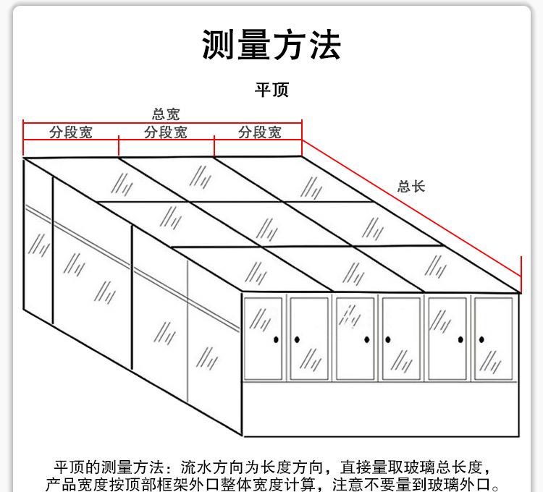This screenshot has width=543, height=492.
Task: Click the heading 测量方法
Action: tap(271, 45)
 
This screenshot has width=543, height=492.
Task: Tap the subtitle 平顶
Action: tap(271, 90)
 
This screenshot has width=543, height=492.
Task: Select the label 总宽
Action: tap(165, 114)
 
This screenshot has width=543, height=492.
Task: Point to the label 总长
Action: tap(411, 186)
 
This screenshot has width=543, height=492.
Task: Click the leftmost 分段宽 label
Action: tap(71, 132)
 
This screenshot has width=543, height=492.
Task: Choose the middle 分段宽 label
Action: tap(166, 132)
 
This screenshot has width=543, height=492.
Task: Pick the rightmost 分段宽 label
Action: tap(260, 132)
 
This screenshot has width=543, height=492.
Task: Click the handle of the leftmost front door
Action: tap(277, 339)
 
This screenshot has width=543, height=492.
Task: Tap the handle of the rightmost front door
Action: tap(479, 339)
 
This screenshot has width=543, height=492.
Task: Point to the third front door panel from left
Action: tap(355, 338)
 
